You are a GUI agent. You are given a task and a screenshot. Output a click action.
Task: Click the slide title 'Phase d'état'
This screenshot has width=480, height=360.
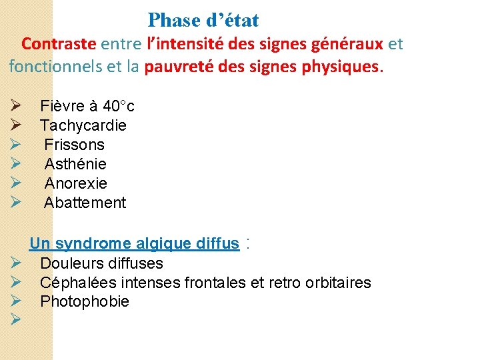[x=203, y=20]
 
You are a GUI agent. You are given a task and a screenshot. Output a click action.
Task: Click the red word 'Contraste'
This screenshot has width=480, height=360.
[x=59, y=44]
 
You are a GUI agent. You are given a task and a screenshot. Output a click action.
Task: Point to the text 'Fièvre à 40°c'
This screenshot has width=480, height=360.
[x=87, y=106]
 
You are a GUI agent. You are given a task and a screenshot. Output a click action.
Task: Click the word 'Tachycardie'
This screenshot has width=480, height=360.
[x=83, y=125]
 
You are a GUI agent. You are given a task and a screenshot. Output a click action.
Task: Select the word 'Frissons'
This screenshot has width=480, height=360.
[x=75, y=145]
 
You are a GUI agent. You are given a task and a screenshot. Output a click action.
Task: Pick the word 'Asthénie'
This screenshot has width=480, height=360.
[x=75, y=164]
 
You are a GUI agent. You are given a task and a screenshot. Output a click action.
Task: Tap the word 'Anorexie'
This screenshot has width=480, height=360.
[x=76, y=183]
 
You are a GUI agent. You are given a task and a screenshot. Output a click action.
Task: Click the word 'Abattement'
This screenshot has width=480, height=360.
[x=85, y=203]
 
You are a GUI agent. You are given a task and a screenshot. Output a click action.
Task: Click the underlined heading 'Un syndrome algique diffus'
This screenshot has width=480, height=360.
[x=134, y=244]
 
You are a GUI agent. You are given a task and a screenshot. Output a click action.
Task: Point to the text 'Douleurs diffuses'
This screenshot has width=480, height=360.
[x=101, y=263]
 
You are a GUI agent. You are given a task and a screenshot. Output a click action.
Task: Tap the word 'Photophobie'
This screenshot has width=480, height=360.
[x=85, y=302]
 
